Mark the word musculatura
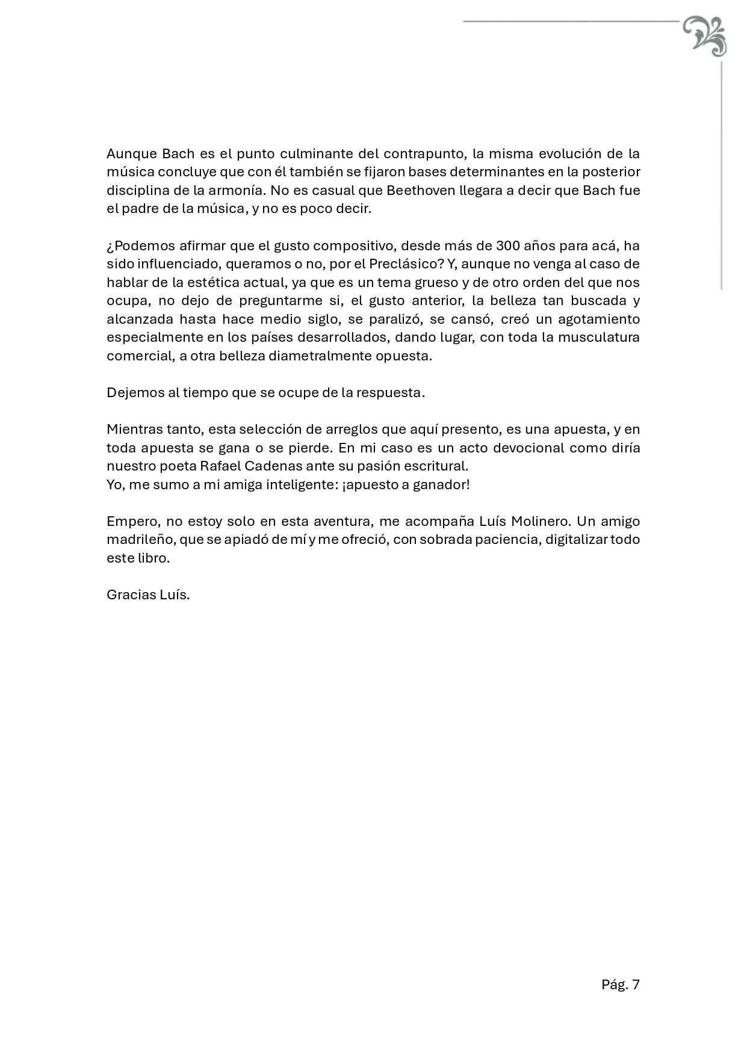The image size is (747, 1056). click(x=598, y=338)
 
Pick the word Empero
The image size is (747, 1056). click(x=129, y=522)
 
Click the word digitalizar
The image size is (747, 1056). click(x=576, y=540)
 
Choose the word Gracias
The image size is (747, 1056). click(x=130, y=595)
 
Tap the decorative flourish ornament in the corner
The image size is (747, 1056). click(x=705, y=36)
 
